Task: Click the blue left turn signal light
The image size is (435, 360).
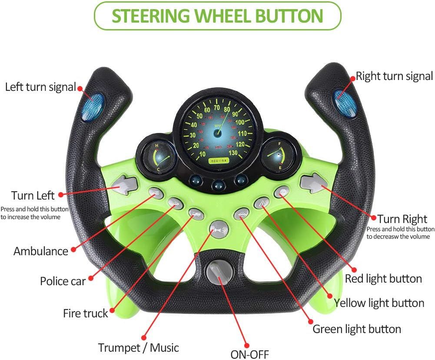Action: click(x=93, y=107)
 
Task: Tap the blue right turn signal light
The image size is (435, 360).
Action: click(x=345, y=103)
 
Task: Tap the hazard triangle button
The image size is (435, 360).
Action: click(x=262, y=203)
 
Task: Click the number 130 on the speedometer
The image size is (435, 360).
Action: click(x=233, y=152)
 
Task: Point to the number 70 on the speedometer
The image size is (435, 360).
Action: click(x=217, y=107)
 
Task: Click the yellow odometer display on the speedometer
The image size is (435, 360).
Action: click(x=219, y=160)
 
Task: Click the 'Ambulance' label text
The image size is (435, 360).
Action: click(x=41, y=251)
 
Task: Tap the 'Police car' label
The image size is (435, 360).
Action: click(x=63, y=281)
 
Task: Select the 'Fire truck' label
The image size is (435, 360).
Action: click(x=86, y=313)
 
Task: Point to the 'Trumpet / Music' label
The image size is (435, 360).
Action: click(x=139, y=347)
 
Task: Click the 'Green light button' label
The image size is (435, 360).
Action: click(x=357, y=329)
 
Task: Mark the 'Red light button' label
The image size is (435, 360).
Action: click(x=383, y=279)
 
